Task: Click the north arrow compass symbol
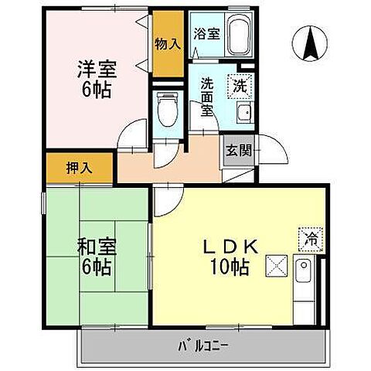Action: click(x=312, y=44)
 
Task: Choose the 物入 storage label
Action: click(x=168, y=44)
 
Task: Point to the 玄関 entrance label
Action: click(x=235, y=149)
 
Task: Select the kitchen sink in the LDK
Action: click(x=304, y=272)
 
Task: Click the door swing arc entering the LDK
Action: click(x=164, y=203)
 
